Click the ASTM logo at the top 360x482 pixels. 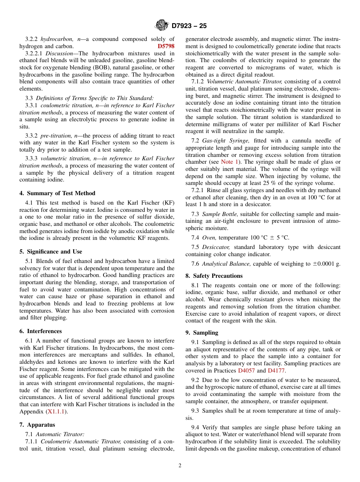(162, 25)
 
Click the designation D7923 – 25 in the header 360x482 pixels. (189, 26)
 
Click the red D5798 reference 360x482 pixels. (166, 46)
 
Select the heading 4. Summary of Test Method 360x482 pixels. (57, 193)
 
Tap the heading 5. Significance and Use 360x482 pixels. (51, 252)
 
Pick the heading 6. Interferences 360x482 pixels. (41, 331)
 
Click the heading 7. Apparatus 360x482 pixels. (37, 425)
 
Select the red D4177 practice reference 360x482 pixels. (276, 371)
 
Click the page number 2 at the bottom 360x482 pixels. (180, 466)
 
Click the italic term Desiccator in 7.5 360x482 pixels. (216, 247)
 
